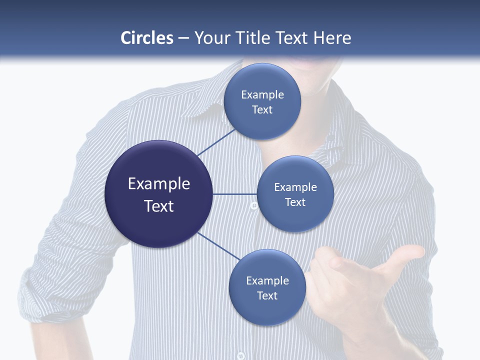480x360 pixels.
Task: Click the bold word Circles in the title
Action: [x=146, y=38]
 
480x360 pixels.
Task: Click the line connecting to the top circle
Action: [x=216, y=142]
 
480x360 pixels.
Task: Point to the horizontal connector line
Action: [x=234, y=194]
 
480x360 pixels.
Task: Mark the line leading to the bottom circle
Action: [x=218, y=246]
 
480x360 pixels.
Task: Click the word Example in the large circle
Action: [x=159, y=183]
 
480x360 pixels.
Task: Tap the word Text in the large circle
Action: [x=159, y=206]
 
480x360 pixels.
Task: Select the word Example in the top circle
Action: [x=262, y=94]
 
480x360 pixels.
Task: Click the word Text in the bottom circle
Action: [x=267, y=295]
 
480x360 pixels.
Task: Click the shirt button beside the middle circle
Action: [x=254, y=205]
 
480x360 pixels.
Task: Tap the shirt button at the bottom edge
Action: [x=241, y=355]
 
